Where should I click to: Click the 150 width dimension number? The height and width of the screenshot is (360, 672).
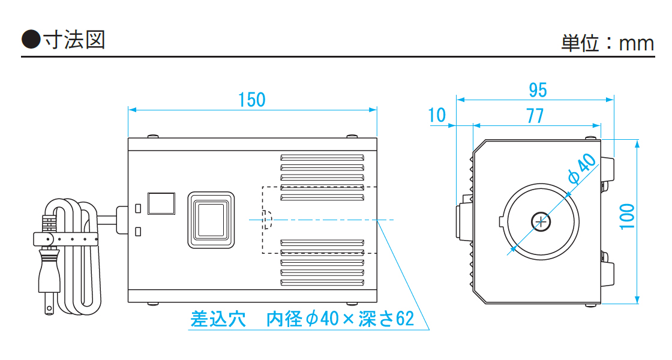pyautogui.click(x=251, y=100)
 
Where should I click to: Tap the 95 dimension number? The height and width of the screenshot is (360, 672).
pyautogui.click(x=538, y=90)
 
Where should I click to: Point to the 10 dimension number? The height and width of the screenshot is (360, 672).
pyautogui.click(x=438, y=115)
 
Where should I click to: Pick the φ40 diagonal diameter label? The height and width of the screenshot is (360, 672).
pyautogui.click(x=582, y=170)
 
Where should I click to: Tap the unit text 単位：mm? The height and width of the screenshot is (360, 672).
pyautogui.click(x=607, y=43)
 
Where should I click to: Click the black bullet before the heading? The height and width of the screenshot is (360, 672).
pyautogui.click(x=31, y=40)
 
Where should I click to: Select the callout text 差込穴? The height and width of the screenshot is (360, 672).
pyautogui.click(x=218, y=319)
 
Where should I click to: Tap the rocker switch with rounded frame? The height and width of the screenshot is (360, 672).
pyautogui.click(x=210, y=220)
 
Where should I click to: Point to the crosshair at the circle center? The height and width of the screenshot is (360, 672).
pyautogui.click(x=541, y=222)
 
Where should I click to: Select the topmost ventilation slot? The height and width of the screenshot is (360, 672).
pyautogui.click(x=322, y=158)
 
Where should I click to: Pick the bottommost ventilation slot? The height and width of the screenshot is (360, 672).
pyautogui.click(x=322, y=282)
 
